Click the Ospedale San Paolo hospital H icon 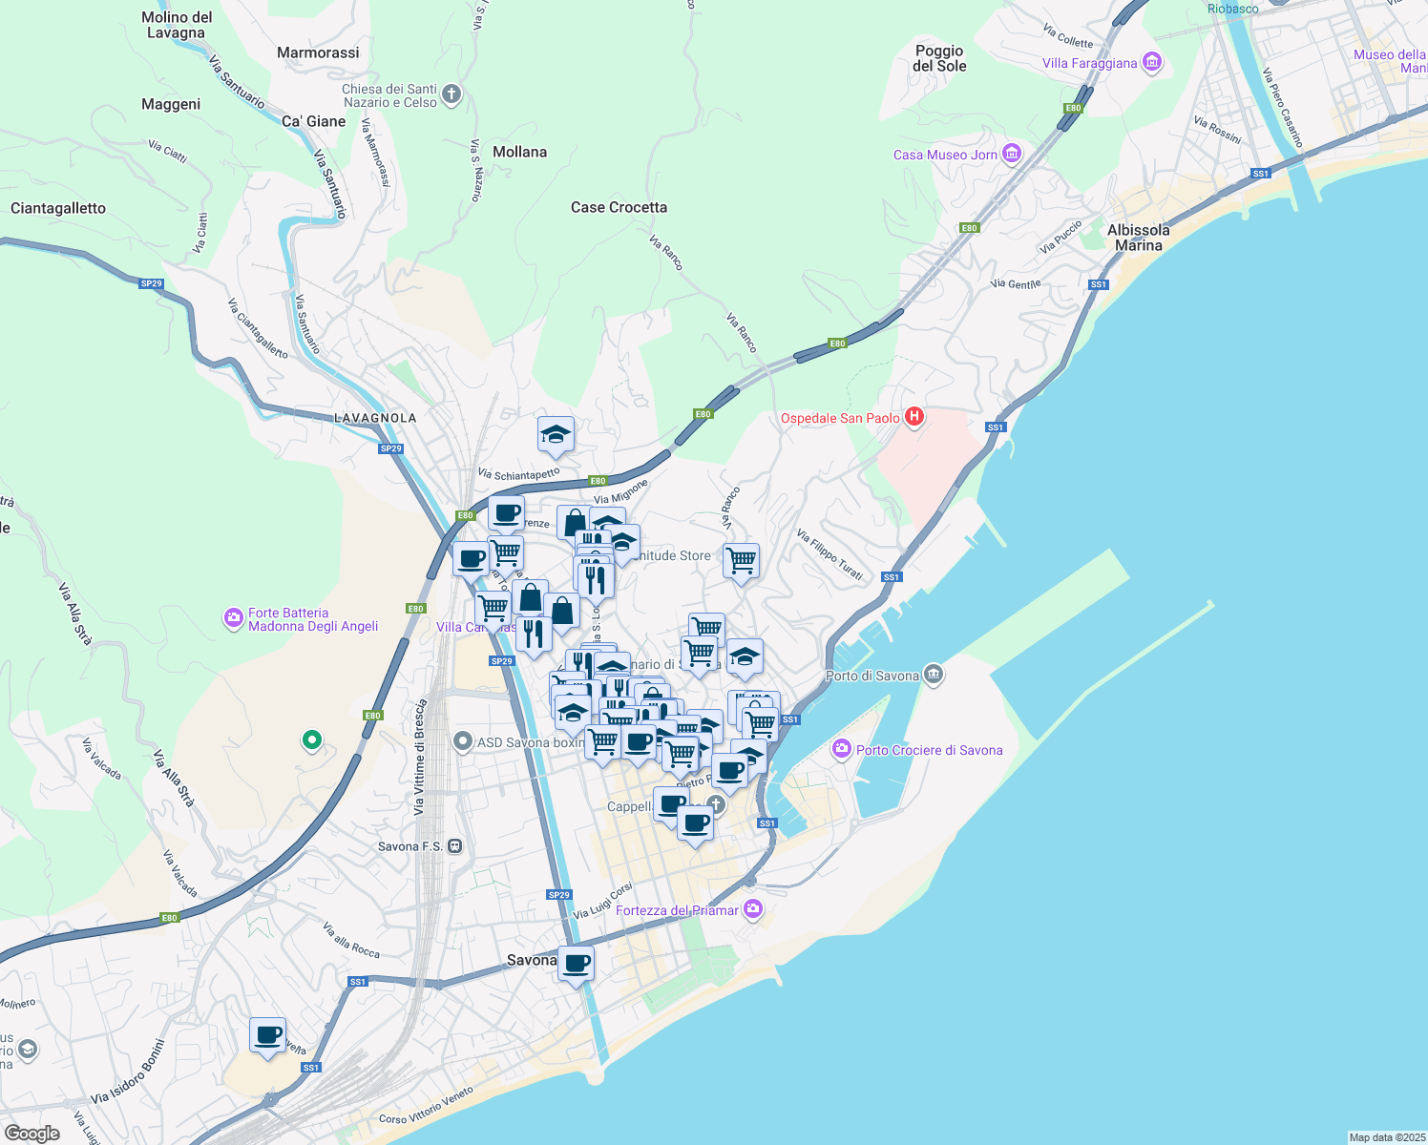(x=914, y=417)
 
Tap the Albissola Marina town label (x=1138, y=238)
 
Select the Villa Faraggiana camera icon (x=1151, y=63)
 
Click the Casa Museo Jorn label (x=945, y=155)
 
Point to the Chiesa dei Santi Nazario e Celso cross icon (x=452, y=94)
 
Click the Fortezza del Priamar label (x=677, y=910)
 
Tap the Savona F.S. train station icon (x=455, y=846)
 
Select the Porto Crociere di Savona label (x=929, y=750)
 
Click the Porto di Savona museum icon (x=934, y=675)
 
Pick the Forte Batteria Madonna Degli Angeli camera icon (x=234, y=619)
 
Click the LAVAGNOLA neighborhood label (x=375, y=418)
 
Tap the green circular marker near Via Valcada (x=311, y=739)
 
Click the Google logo (x=31, y=1134)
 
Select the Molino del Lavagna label (x=177, y=25)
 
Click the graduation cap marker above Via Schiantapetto (x=556, y=435)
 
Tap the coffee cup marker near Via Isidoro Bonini (x=268, y=1035)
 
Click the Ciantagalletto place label (x=58, y=208)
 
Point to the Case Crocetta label (x=619, y=207)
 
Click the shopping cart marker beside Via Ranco (x=741, y=560)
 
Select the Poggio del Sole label (x=939, y=58)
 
